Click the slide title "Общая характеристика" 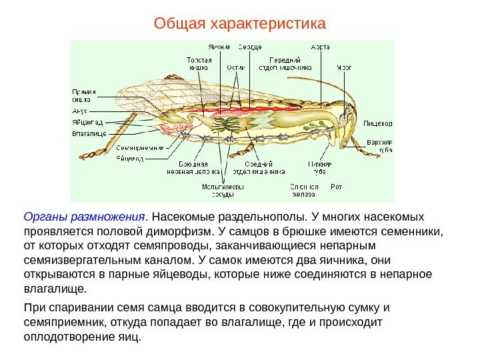pos(239,25)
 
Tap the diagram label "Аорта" pos(321,47)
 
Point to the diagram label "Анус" pos(81,111)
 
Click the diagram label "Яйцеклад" pos(87,123)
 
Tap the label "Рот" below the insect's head pos(337,187)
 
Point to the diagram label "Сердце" pos(250,47)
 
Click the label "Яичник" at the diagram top pos(219,47)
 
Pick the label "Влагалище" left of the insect pos(89,133)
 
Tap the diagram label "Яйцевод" pos(130,158)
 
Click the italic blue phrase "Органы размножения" pos(85,217)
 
